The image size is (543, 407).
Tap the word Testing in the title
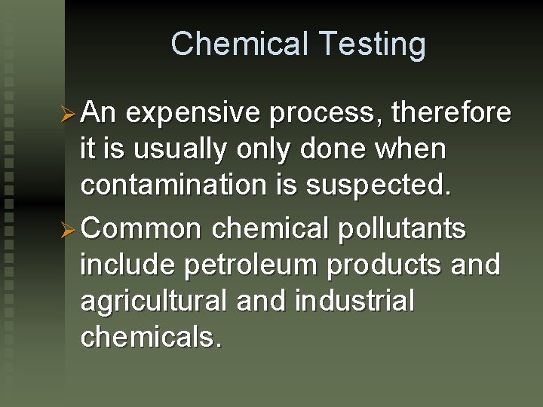(367, 45)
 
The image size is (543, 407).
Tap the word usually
(179, 151)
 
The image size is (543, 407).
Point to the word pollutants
(403, 228)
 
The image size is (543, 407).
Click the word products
(395, 265)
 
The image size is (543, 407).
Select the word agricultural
(155, 301)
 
